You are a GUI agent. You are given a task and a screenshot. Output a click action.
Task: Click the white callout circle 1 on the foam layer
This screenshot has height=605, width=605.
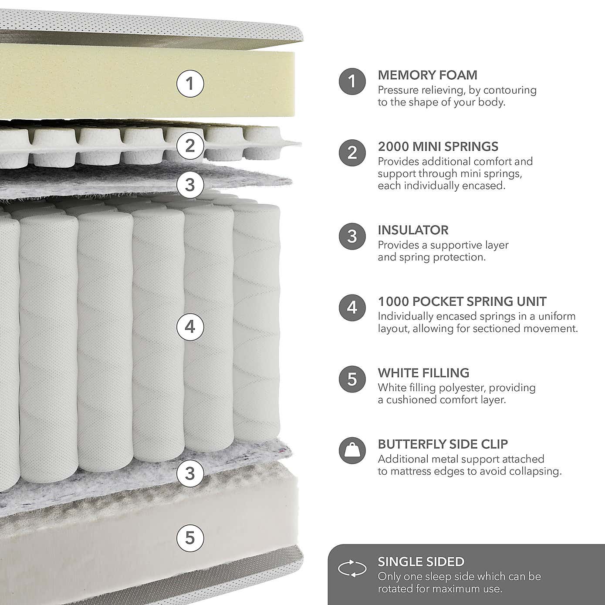(190, 83)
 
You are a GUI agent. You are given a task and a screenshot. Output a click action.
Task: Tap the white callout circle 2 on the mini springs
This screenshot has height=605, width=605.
(190, 145)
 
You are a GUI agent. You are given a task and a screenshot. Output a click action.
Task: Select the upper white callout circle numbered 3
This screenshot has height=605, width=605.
(190, 184)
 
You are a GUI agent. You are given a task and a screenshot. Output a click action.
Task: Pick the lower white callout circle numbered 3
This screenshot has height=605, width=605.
(190, 473)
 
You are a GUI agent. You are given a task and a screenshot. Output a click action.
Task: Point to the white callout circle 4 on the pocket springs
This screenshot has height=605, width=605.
(190, 326)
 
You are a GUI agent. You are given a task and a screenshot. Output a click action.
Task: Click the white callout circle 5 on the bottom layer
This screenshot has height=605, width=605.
(190, 537)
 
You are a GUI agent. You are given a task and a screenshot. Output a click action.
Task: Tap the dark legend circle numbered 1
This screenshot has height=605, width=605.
(352, 81)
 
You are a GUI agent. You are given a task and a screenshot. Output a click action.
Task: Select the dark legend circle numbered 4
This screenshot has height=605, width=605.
(352, 308)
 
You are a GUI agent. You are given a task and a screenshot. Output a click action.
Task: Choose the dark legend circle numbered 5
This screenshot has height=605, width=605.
(352, 379)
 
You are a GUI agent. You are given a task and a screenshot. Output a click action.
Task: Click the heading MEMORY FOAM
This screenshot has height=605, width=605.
(427, 75)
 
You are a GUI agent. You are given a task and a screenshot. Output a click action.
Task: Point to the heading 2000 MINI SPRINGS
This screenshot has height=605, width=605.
(438, 146)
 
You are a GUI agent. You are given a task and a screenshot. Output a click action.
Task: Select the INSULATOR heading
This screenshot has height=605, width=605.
(413, 230)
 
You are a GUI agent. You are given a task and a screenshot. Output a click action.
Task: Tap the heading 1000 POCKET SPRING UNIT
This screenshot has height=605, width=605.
(462, 301)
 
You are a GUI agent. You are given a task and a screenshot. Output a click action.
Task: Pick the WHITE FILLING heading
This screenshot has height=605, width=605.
(423, 373)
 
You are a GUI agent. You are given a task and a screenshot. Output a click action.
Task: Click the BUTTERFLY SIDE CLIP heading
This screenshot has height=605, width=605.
(443, 444)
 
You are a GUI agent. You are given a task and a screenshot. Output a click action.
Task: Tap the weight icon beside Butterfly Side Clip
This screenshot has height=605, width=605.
(352, 450)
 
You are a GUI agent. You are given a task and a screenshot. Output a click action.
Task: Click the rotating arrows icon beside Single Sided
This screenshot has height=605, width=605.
(352, 569)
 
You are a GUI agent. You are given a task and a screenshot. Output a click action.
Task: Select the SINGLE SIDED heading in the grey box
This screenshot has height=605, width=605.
(421, 562)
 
